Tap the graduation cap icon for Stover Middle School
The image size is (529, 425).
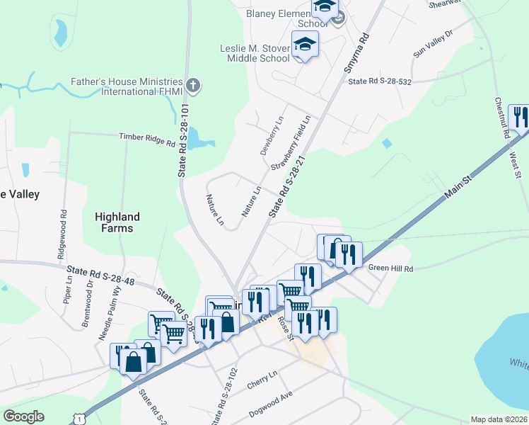tap(305, 45)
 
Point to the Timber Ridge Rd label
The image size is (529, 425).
tap(146, 139)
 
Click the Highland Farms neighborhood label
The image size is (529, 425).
tap(117, 222)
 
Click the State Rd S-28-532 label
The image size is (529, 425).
tap(380, 82)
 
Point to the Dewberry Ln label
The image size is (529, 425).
tap(272, 136)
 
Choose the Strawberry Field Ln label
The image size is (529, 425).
tap(291, 142)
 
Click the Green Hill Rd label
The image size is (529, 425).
tap(390, 268)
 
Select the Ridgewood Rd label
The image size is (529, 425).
tap(62, 232)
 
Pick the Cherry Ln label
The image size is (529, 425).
tap(262, 378)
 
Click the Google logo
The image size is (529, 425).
tap(24, 416)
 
